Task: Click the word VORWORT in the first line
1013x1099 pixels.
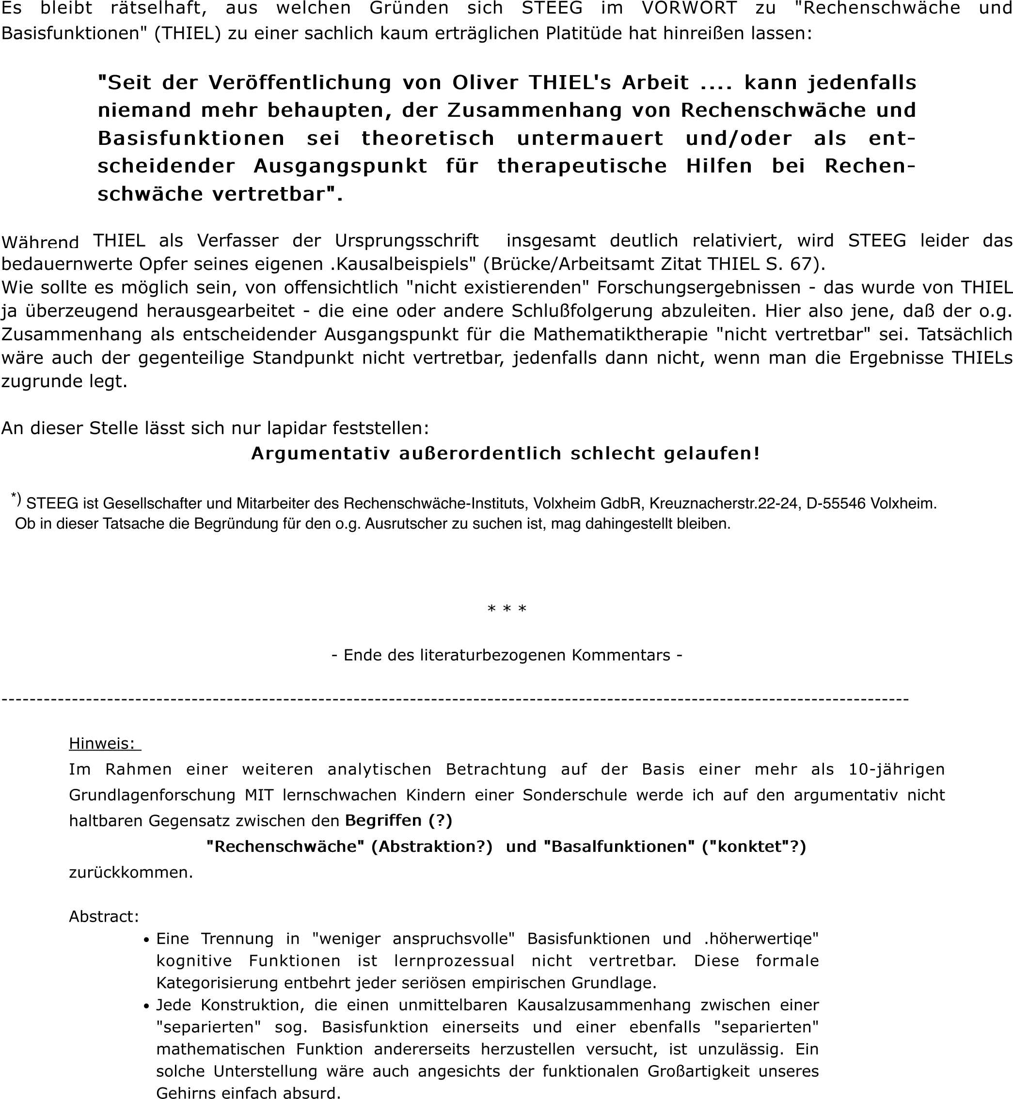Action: pyautogui.click(x=690, y=9)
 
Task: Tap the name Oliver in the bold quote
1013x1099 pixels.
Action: pyautogui.click(x=485, y=83)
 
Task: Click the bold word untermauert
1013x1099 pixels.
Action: pyautogui.click(x=590, y=138)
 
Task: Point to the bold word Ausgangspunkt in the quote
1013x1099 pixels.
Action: pyautogui.click(x=340, y=166)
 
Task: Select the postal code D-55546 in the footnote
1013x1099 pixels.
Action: pyautogui.click(x=837, y=503)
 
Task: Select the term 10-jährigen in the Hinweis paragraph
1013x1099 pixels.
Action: pyautogui.click(x=896, y=769)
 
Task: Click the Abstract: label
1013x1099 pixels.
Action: pyautogui.click(x=104, y=916)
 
